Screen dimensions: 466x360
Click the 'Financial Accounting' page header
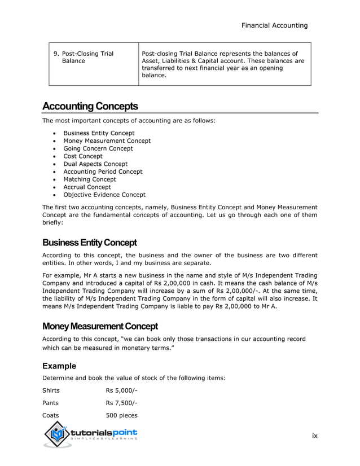274,25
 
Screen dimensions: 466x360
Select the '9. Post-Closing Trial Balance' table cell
83,58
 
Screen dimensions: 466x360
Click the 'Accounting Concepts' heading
90,107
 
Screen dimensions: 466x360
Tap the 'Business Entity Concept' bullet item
99,133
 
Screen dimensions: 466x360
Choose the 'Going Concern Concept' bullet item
98,148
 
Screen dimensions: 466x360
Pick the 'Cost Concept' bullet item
83,156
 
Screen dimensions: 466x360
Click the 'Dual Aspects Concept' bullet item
95,164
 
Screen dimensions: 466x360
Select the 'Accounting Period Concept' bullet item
103,172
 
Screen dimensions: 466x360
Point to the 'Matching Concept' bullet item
89,179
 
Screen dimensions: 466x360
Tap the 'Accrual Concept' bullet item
87,187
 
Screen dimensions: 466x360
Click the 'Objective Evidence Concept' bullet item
104,195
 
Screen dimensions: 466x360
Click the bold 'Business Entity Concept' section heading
90,243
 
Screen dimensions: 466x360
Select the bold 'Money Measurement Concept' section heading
100,327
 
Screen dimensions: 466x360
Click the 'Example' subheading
59,366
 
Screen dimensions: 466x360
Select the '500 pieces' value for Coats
121,416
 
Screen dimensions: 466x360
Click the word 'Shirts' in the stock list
51,390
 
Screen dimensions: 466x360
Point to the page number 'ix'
315,436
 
